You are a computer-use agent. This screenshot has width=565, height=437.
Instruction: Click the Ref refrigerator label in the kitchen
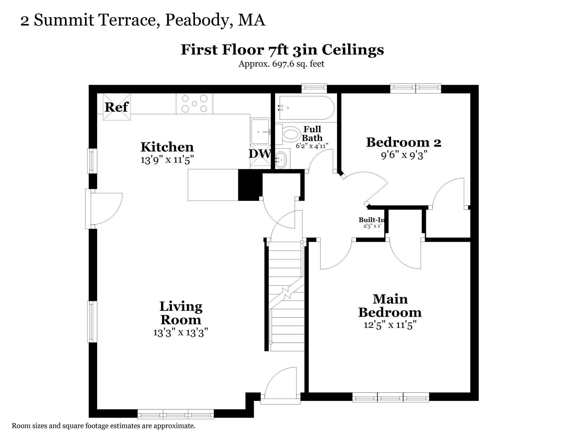[x=117, y=107]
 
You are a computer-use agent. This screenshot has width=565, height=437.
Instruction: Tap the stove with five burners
[x=194, y=104]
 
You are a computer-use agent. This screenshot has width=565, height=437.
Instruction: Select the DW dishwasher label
[x=259, y=154]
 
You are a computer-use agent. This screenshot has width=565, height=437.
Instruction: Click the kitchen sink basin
[x=260, y=131]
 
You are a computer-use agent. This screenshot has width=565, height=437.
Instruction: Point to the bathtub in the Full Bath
[x=306, y=108]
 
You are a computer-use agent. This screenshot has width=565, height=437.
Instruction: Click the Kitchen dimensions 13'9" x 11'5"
[x=167, y=160]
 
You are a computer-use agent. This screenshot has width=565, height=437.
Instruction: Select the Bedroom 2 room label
[x=404, y=142]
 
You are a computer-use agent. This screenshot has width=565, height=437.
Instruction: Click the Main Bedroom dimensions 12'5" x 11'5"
[x=390, y=325]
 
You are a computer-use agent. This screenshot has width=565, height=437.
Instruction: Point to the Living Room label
[x=181, y=313]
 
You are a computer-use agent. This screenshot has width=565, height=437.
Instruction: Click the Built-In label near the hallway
[x=372, y=220]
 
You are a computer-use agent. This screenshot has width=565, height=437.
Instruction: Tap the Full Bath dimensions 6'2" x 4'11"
[x=312, y=146]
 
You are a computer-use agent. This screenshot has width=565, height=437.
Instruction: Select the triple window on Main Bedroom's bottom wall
[x=390, y=397]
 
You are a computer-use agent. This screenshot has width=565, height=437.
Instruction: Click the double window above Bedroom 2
[x=416, y=88]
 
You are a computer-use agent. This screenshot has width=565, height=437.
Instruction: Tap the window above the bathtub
[x=314, y=88]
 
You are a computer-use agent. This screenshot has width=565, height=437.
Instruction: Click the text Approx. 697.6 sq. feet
[x=281, y=64]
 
